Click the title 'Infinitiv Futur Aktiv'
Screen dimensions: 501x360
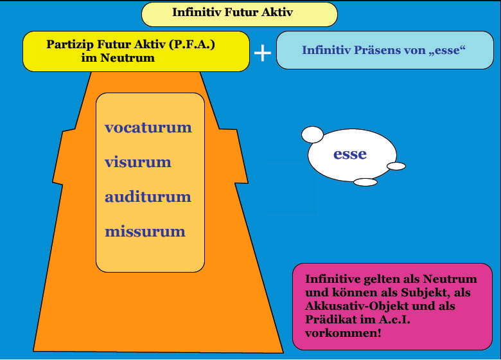(x=233, y=12)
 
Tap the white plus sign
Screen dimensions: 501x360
(x=263, y=53)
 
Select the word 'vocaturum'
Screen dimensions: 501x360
(x=148, y=127)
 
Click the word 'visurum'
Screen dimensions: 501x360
(x=138, y=162)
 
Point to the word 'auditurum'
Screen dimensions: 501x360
(x=148, y=197)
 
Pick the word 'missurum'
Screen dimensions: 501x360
(x=145, y=231)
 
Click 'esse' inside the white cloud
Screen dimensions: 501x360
(x=350, y=154)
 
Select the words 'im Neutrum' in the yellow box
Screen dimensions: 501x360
(x=118, y=58)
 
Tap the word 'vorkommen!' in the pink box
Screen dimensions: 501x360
(x=343, y=333)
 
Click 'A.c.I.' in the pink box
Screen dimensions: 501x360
(x=394, y=319)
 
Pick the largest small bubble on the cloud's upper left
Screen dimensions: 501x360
(x=312, y=134)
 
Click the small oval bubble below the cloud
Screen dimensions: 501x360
(x=365, y=182)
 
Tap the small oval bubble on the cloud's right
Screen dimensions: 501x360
(x=396, y=166)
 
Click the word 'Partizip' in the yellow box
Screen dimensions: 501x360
(x=70, y=44)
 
